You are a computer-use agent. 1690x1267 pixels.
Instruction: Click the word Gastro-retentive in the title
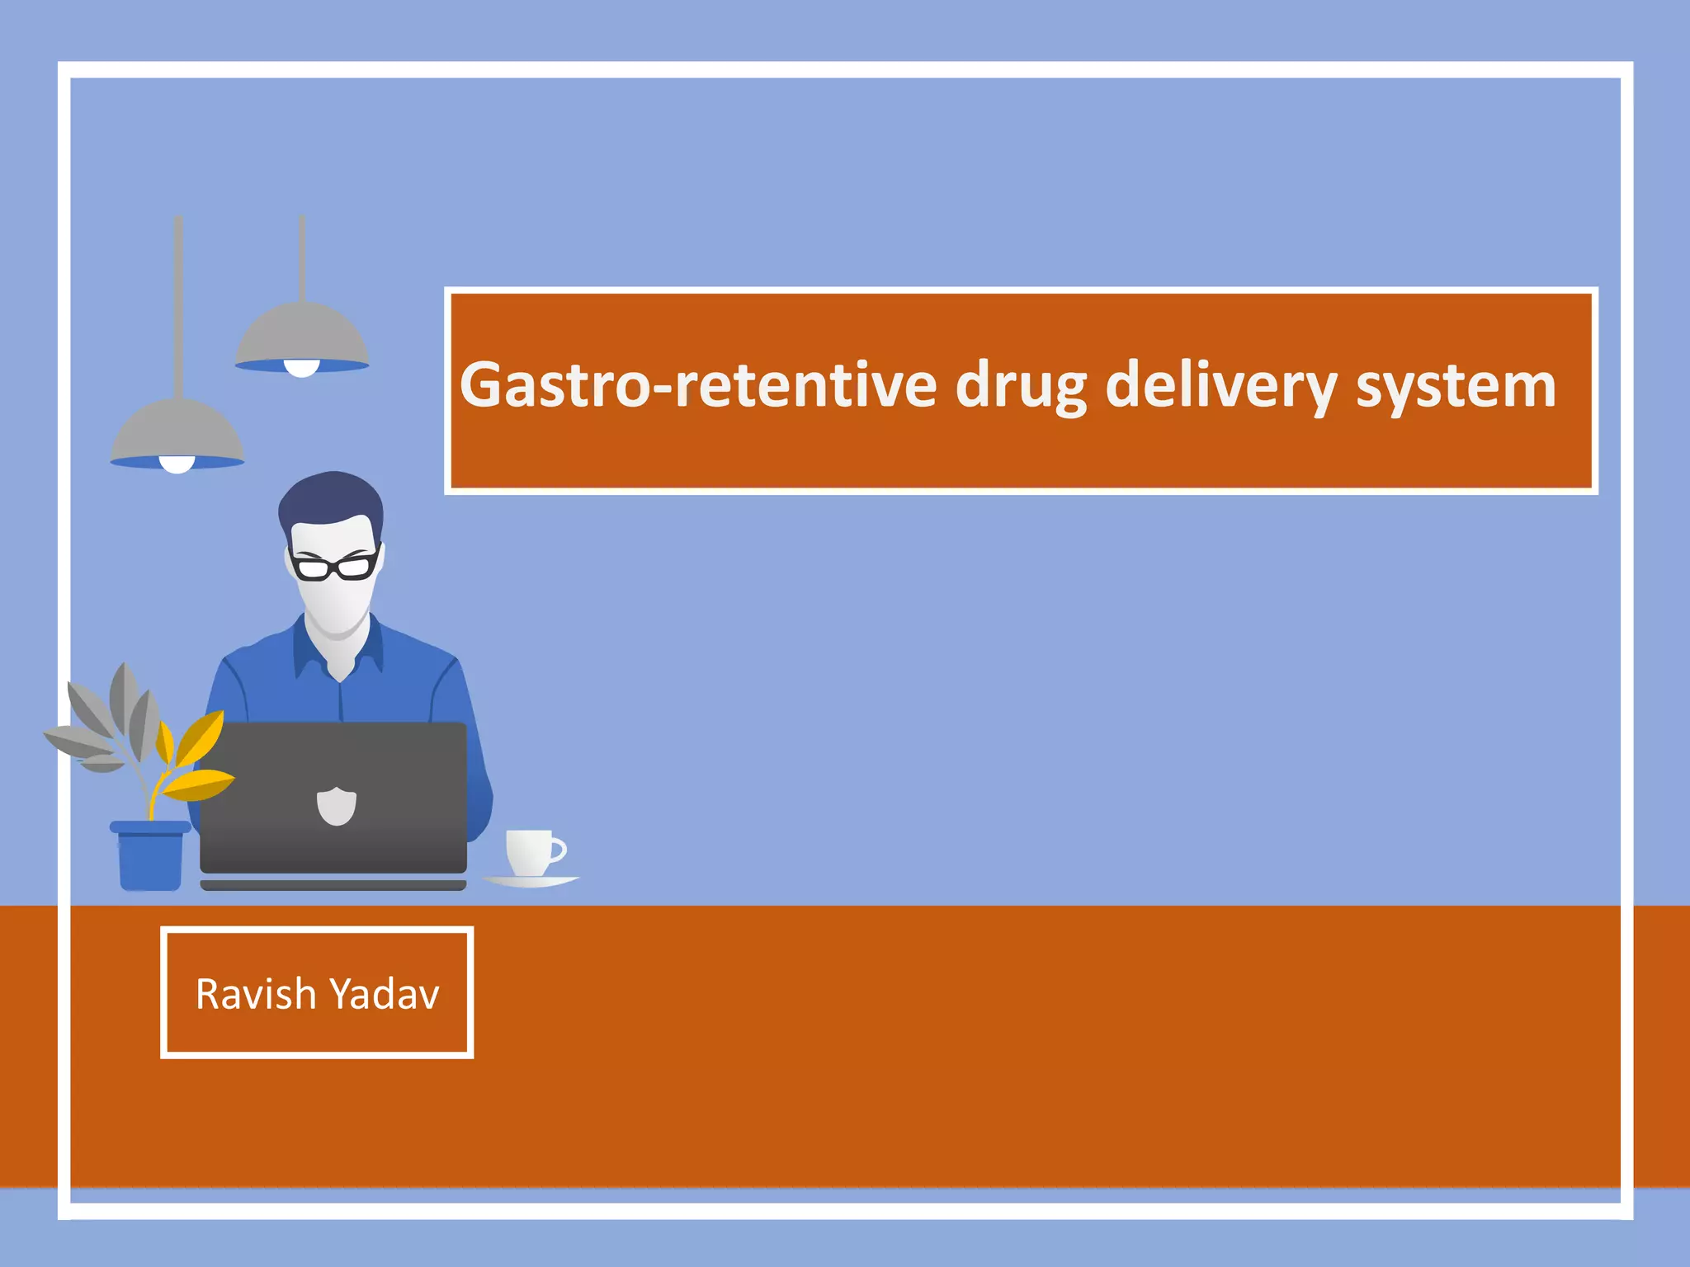698,385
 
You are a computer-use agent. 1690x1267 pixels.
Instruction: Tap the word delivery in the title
1220,385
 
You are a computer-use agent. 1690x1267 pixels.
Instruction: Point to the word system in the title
1456,385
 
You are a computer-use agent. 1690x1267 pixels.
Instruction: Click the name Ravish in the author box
256,994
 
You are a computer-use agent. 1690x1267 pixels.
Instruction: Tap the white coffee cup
531,851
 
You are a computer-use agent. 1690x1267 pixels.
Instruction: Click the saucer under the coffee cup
531,882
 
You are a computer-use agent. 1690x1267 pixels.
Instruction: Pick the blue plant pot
150,858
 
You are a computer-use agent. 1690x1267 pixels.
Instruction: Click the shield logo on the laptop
337,806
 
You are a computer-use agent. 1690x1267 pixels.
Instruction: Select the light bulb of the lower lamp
177,464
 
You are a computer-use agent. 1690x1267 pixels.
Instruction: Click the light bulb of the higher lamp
302,368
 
